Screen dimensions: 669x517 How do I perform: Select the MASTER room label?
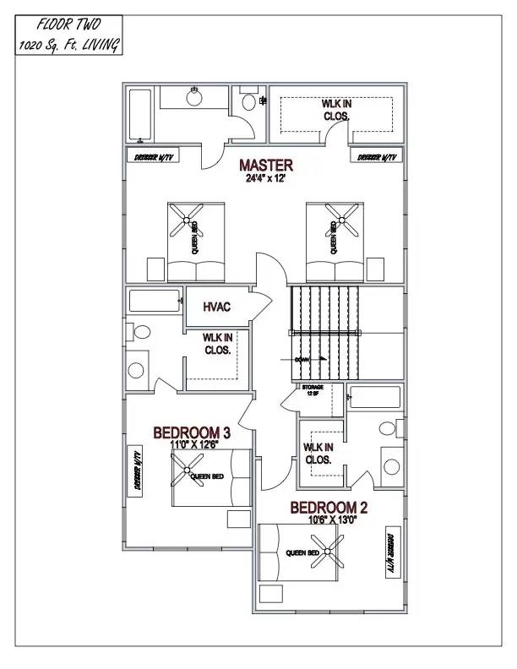pyautogui.click(x=266, y=165)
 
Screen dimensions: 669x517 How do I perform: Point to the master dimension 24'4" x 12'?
pyautogui.click(x=266, y=179)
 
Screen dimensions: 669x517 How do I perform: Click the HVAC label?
pyautogui.click(x=217, y=307)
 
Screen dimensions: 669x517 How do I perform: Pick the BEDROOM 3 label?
pyautogui.click(x=192, y=432)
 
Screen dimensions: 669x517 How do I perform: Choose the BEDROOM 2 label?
pyautogui.click(x=329, y=508)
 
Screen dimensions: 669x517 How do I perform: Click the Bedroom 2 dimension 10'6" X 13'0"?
pyautogui.click(x=332, y=520)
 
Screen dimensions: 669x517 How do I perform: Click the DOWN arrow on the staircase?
pyautogui.click(x=311, y=359)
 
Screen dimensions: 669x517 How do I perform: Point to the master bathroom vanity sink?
pyautogui.click(x=193, y=92)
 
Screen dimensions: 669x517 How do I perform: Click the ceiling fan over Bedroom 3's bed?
pyautogui.click(x=186, y=469)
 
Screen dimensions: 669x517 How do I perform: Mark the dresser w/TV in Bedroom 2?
pyautogui.click(x=391, y=553)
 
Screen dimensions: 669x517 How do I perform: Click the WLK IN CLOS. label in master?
pyautogui.click(x=336, y=110)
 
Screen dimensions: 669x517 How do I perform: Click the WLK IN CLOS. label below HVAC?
pyautogui.click(x=218, y=343)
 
